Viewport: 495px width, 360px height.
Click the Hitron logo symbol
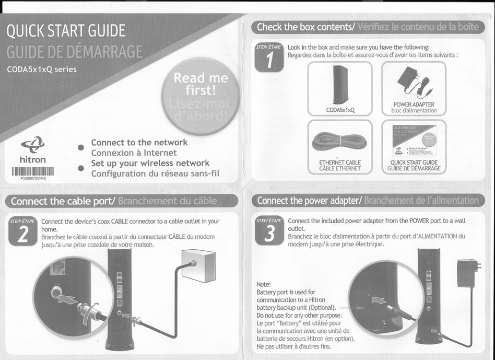[x=32, y=144]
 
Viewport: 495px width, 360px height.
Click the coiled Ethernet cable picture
[x=339, y=141]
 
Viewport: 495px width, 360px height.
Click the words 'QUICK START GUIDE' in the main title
[x=66, y=31]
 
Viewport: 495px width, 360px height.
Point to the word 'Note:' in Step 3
[x=264, y=283]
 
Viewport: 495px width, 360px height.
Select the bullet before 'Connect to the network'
[x=81, y=147]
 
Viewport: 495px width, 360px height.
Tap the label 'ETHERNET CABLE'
[x=340, y=162]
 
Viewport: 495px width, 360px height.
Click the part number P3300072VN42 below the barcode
[x=33, y=178]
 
